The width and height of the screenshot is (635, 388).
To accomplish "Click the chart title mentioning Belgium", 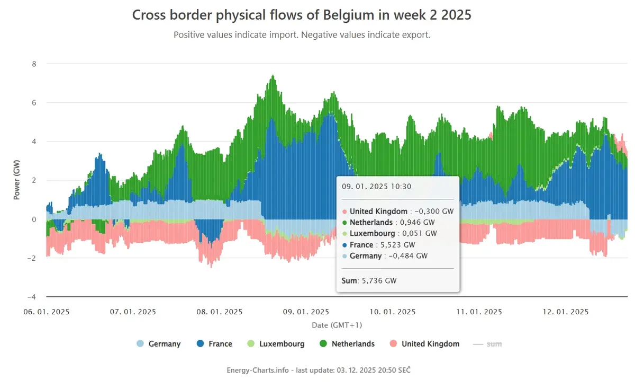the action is point(302,15).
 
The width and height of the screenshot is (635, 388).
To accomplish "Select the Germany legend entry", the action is point(158,343).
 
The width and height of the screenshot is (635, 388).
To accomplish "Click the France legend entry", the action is point(214,343).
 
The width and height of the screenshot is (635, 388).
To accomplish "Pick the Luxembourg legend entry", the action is point(276,343).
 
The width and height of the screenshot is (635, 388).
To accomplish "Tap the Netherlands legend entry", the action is point(347,343).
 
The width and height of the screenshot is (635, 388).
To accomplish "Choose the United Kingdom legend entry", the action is point(424,343).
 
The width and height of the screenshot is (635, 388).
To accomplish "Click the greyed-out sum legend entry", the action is point(487,344).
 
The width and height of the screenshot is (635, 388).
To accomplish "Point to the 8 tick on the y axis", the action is point(34,64).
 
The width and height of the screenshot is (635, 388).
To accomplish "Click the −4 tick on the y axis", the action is point(32,297).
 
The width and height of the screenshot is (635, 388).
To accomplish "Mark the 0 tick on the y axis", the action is point(34,219).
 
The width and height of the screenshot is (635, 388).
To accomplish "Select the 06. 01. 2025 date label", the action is point(47,312).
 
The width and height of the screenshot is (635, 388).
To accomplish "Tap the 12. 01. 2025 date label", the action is point(566,312).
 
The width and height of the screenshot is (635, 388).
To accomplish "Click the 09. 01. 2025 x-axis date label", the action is point(306,312).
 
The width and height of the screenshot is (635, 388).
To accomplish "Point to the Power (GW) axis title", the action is point(17,180).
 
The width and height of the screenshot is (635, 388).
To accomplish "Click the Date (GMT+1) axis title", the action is point(337,325).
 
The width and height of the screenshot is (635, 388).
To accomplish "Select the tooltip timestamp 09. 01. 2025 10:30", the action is point(376,187).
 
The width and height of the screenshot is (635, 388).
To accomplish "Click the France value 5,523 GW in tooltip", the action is point(397,245).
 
